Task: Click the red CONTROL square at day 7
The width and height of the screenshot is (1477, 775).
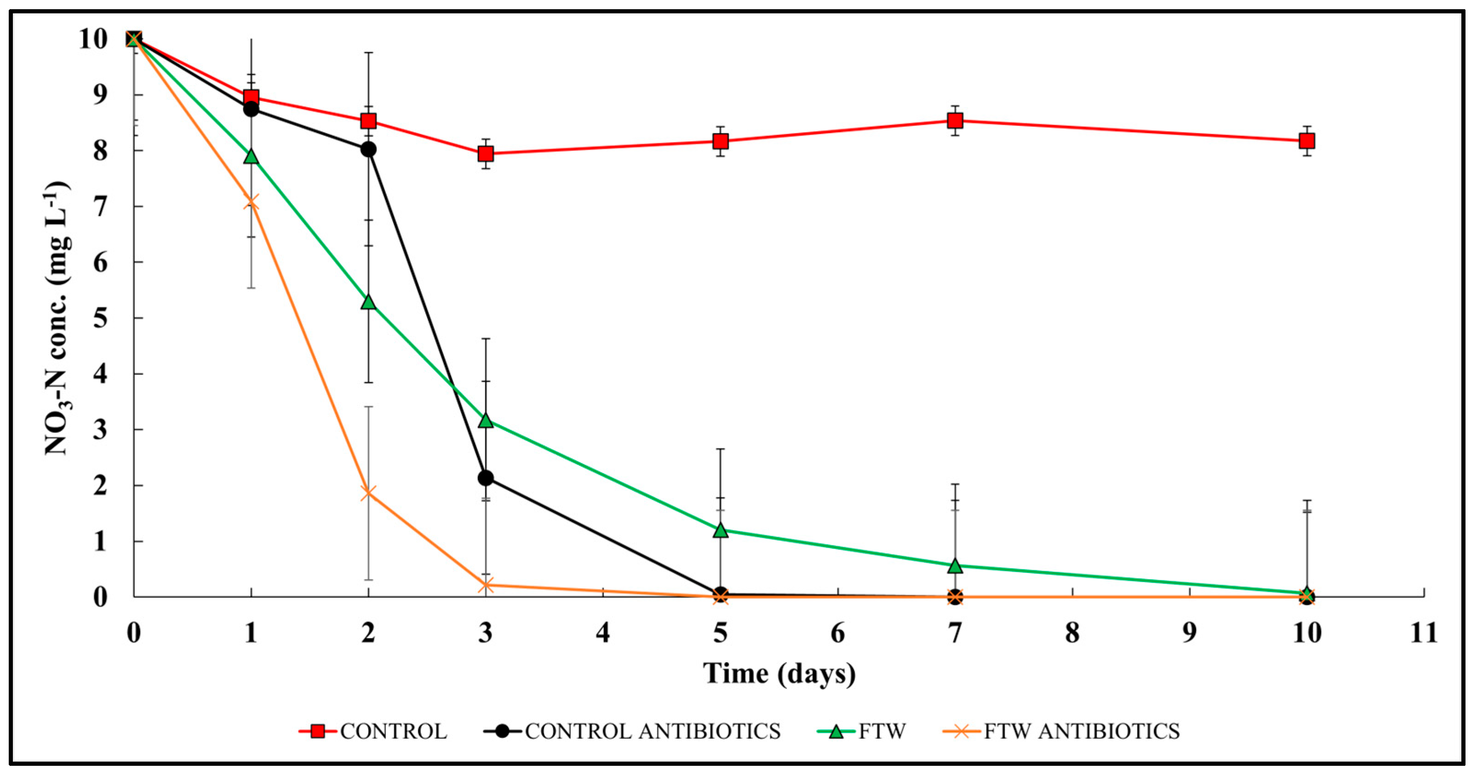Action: pyautogui.click(x=955, y=121)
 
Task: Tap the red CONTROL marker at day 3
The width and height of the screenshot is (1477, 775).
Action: pyautogui.click(x=486, y=153)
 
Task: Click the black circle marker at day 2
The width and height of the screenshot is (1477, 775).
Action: pyautogui.click(x=368, y=149)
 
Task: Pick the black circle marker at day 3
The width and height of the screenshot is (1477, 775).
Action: pyautogui.click(x=486, y=478)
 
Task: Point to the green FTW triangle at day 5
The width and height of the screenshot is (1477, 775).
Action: pyautogui.click(x=721, y=531)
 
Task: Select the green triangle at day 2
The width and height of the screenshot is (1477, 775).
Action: pyautogui.click(x=368, y=302)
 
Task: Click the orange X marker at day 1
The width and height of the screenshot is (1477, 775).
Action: pyautogui.click(x=251, y=202)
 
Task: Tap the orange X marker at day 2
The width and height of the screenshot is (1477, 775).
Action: pyautogui.click(x=368, y=493)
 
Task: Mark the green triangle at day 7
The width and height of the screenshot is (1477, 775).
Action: pyautogui.click(x=955, y=566)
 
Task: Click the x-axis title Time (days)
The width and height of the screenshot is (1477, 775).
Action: pyautogui.click(x=779, y=673)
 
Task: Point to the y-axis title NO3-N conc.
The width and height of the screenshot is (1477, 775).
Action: pyautogui.click(x=57, y=318)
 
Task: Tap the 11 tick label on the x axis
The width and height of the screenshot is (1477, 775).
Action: pyautogui.click(x=1424, y=633)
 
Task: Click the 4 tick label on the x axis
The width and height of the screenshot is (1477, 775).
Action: pyautogui.click(x=602, y=633)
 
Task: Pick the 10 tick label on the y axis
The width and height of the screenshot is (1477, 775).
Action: pyautogui.click(x=93, y=39)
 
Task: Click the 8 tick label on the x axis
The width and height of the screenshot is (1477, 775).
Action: pyautogui.click(x=1072, y=633)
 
